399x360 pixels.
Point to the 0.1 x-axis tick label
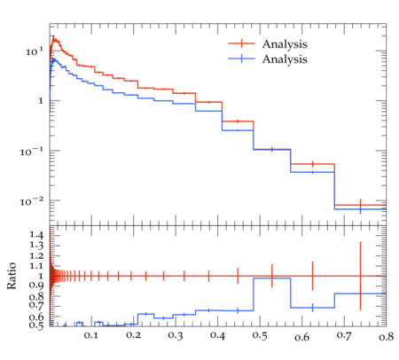[x=91, y=335]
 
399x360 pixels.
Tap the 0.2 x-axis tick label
[x=133, y=335]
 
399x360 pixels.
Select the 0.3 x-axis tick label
[x=176, y=335]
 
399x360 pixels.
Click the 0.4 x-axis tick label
[x=217, y=335]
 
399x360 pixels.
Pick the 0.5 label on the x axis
[x=260, y=336]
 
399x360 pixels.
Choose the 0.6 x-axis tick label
[x=302, y=337]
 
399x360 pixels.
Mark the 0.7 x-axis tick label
[x=344, y=336]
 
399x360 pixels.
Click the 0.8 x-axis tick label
[x=387, y=337]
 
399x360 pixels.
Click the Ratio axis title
[x=12, y=276]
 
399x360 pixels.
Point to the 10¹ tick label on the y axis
[x=35, y=51]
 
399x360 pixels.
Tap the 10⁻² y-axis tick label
[x=32, y=202]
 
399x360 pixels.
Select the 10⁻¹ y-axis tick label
[x=32, y=152]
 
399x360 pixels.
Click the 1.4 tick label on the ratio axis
[x=36, y=235]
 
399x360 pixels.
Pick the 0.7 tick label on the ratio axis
[x=36, y=305]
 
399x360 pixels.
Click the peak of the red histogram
[x=53, y=36]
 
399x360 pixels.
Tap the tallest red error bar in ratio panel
[x=360, y=276]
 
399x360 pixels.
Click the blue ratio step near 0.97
[x=272, y=278]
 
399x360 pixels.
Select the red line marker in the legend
[x=241, y=43]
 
